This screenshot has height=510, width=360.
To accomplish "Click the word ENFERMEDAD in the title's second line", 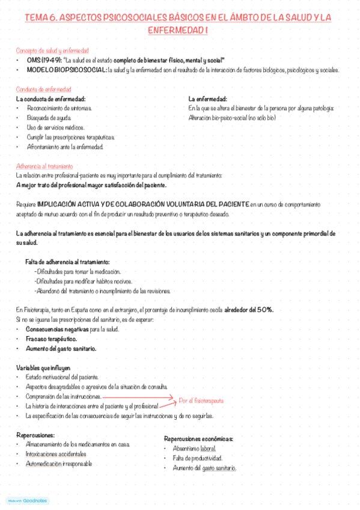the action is [x=175, y=30].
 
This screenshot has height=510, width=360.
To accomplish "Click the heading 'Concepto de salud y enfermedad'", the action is [x=54, y=51].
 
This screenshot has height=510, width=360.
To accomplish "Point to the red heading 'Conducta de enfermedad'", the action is [x=46, y=89].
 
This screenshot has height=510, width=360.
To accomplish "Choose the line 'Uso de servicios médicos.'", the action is [x=55, y=127].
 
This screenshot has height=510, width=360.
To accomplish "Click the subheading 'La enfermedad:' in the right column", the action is [x=207, y=99].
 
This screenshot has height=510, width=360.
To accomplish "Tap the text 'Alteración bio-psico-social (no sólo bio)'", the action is [x=232, y=118].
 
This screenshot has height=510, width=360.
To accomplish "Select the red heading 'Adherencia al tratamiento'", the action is [x=44, y=166].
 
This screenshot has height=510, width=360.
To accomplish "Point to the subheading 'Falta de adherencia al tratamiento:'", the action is [x=67, y=262].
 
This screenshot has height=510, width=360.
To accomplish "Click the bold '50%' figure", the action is [x=264, y=310].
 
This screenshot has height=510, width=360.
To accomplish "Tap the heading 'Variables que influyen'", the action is [x=44, y=367].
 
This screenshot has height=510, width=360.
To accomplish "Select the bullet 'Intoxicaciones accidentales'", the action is [x=56, y=454].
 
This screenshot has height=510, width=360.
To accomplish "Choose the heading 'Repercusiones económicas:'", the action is [x=199, y=439].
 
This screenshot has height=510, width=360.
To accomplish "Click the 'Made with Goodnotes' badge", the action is [x=28, y=500].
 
